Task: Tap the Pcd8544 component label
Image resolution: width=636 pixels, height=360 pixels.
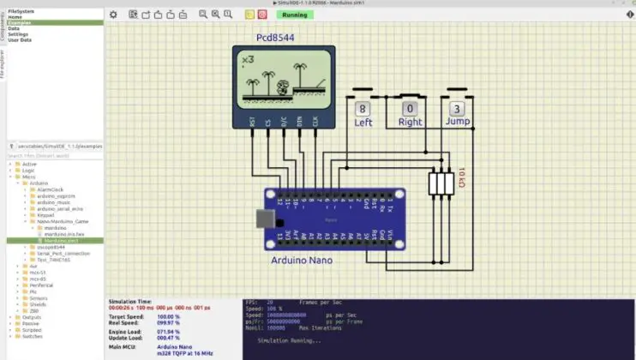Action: (274, 39)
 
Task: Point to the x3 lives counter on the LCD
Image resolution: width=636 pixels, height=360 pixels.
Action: (248, 60)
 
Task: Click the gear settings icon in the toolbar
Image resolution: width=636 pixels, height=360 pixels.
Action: (113, 15)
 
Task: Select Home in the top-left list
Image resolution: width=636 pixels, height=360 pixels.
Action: (15, 16)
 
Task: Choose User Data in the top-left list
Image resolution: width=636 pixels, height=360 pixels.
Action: (20, 39)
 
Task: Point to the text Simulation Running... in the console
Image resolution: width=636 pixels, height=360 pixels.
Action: (282, 340)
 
